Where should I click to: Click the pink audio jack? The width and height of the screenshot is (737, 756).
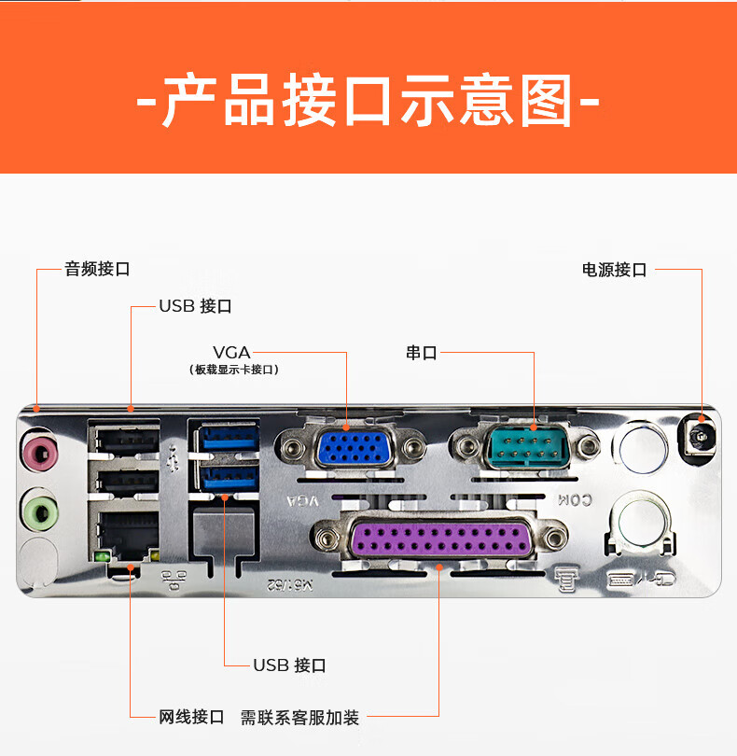point(41,454)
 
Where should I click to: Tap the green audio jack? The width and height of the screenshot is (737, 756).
point(40,512)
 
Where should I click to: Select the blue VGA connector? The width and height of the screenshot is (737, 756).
point(354,448)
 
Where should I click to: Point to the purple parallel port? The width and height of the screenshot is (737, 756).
point(440,539)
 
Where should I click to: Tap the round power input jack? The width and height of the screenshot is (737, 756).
point(699,437)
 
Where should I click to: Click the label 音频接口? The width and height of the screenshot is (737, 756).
point(97,269)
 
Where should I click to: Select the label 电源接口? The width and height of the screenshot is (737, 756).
point(614,270)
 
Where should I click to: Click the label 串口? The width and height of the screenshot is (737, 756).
point(422,353)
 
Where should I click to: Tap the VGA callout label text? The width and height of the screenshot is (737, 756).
point(232,353)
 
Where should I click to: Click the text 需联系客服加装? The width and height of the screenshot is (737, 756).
point(299,718)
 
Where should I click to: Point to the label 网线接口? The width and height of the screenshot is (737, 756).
point(191,717)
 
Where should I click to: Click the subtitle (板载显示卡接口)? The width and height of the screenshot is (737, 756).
point(234,370)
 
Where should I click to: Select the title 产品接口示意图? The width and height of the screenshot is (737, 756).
point(368,100)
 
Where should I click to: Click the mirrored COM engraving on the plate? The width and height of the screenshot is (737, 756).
point(575,500)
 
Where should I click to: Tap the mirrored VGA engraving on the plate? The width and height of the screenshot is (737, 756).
point(302,501)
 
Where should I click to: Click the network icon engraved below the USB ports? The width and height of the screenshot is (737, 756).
point(174,580)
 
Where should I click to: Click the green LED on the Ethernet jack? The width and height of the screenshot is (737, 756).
point(103,557)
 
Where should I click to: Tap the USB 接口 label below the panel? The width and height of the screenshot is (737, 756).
point(290,665)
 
